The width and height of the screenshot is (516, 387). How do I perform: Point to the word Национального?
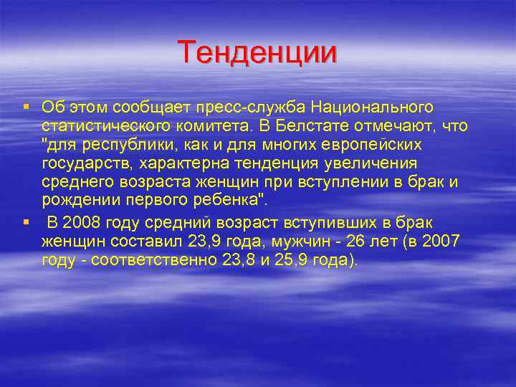372,107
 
